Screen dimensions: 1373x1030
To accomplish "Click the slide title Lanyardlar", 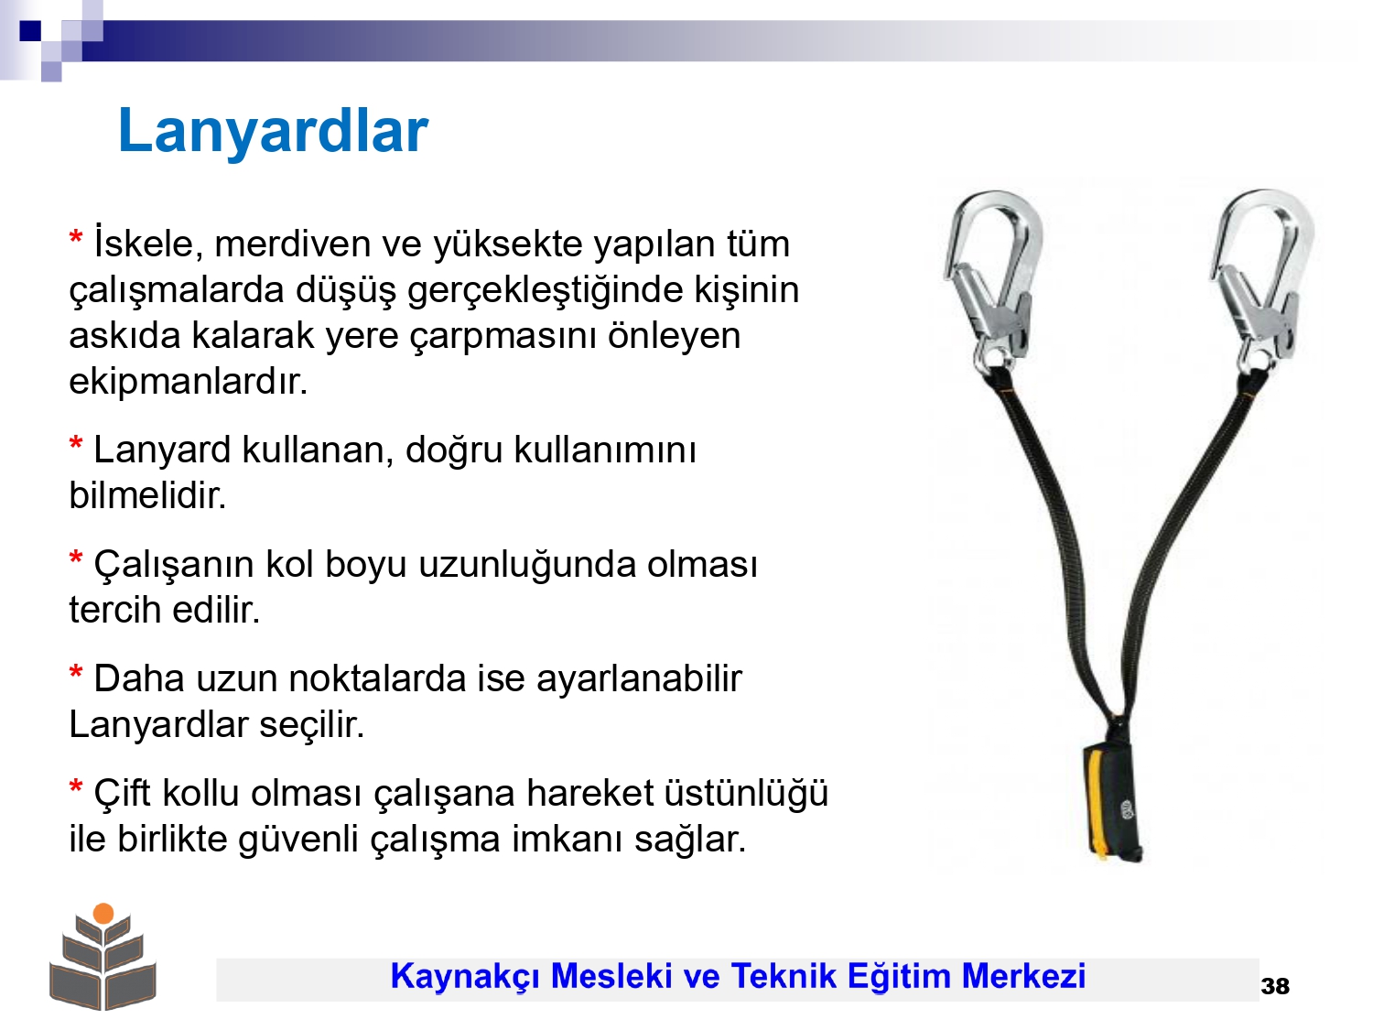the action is coord(273,131).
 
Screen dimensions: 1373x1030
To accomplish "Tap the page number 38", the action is coord(1275,986).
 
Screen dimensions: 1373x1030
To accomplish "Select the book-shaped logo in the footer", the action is coord(103,956).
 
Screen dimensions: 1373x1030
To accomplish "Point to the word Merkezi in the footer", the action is coord(1023,976).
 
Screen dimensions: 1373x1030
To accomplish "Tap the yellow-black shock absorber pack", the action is coord(1113,802).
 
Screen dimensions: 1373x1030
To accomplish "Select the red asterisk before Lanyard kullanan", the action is coord(76,446).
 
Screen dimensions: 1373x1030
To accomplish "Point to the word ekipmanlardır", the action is coord(189,382).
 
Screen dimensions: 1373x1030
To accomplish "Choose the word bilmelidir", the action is coord(147,496).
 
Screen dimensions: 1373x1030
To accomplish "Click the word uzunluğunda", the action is coord(526,565).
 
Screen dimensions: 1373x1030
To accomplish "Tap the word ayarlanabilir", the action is coord(639,678).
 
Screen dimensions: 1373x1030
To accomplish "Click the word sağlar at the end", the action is coord(690,840).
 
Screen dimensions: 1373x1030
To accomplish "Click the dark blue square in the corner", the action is coord(30,30).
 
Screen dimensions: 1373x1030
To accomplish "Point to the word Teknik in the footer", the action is coord(784,976).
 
